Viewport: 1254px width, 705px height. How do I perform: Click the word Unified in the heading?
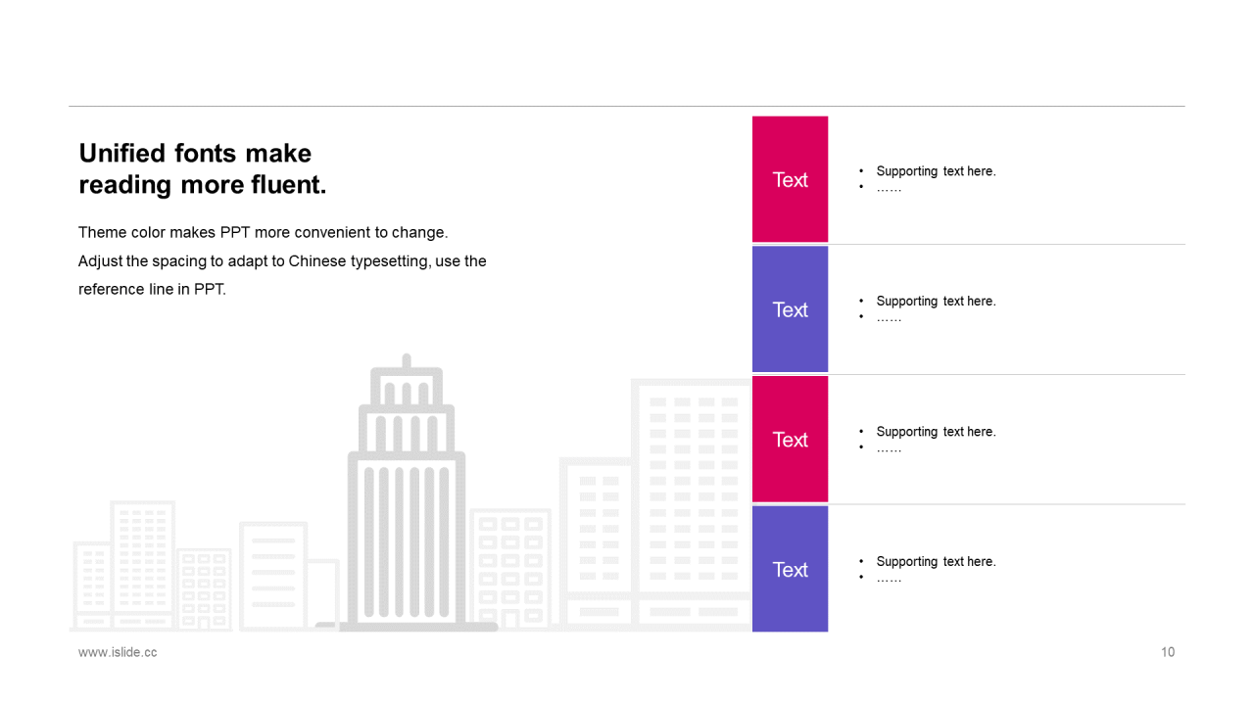[122, 154]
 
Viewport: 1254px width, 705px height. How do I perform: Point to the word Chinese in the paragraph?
[317, 261]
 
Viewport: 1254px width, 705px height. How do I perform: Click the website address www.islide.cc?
[118, 652]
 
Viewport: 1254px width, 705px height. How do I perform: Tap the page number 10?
[1168, 652]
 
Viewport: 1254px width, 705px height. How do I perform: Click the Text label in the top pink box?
[790, 180]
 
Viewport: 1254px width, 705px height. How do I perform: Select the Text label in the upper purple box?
[790, 310]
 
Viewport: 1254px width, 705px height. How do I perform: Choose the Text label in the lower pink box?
[790, 441]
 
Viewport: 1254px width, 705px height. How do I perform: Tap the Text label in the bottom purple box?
[790, 570]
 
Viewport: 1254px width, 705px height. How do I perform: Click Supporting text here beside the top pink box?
[936, 171]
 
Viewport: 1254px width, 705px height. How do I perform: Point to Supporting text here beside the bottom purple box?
[936, 562]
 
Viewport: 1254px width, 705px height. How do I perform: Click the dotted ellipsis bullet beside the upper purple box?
[889, 319]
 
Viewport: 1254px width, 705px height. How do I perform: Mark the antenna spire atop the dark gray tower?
[407, 361]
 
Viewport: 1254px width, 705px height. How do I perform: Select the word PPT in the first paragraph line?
[235, 232]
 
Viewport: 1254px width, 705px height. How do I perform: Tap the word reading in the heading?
[125, 186]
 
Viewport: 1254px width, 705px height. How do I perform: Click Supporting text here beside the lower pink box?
[936, 432]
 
